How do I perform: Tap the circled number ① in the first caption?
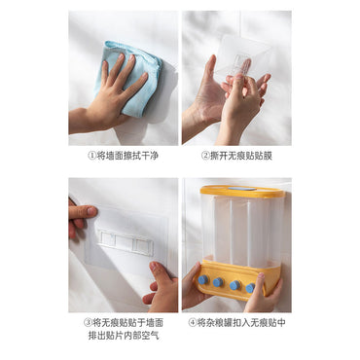coord(92,156)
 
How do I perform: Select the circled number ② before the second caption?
coord(205,156)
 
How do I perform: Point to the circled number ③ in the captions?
coord(88,323)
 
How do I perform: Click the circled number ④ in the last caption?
coord(193,323)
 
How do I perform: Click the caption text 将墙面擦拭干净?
coord(127,156)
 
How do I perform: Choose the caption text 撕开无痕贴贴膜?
coord(241,156)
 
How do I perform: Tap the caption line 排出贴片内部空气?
coord(124,336)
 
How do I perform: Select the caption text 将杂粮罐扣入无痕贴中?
coord(241,323)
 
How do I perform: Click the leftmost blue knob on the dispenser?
coord(203,279)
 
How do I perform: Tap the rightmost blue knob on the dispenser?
coord(250,288)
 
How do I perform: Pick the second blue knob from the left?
coord(219,282)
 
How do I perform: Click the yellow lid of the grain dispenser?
coord(242,192)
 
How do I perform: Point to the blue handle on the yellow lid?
coord(241,188)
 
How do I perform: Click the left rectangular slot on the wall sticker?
coord(106,238)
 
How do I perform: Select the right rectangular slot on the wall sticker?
coord(143,245)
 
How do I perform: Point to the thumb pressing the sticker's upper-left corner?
coord(82,212)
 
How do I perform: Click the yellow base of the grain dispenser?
coord(238,278)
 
